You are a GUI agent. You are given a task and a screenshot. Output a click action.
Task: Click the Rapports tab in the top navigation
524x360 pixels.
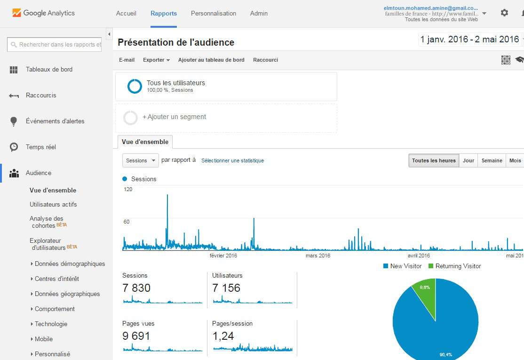164,13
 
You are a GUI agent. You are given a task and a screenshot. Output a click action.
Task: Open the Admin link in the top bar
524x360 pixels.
259,13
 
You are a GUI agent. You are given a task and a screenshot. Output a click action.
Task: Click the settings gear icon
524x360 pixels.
504,13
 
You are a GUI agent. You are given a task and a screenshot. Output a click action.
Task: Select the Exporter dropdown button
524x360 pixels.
156,60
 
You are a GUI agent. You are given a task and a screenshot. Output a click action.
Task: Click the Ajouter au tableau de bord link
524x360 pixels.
211,60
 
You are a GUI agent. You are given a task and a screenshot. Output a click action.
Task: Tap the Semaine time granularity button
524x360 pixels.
492,160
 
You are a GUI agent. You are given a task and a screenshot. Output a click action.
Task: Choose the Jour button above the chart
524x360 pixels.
468,160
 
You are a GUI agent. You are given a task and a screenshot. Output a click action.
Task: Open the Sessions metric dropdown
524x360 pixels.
141,160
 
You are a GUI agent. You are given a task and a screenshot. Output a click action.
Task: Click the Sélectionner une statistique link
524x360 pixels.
232,160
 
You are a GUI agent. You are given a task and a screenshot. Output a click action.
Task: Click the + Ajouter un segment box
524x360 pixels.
226,117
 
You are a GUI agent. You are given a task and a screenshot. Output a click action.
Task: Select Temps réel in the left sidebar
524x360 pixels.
41,147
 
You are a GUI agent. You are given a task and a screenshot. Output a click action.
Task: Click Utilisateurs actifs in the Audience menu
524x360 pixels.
53,204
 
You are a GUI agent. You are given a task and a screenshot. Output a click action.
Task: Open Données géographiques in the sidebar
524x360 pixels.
67,294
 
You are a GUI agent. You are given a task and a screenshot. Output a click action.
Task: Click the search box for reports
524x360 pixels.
55,45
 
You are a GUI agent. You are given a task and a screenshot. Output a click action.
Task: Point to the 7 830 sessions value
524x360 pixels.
136,288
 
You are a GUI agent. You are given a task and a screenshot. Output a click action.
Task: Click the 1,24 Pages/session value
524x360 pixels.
223,336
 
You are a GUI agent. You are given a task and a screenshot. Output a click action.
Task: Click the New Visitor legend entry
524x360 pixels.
403,266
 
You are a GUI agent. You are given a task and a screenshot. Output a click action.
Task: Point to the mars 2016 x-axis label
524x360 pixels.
318,256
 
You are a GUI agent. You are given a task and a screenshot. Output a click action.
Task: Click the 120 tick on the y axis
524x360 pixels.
128,189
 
